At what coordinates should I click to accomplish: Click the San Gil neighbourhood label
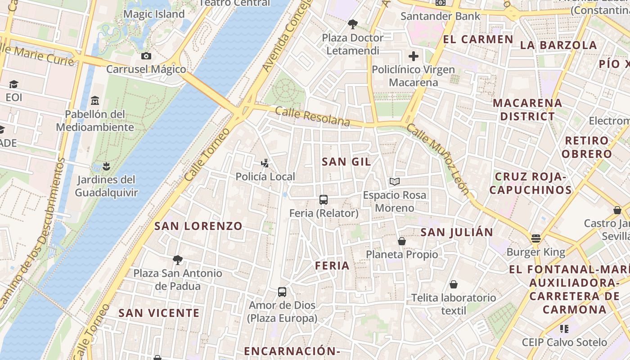point(346,162)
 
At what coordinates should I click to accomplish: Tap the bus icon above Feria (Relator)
point(323,199)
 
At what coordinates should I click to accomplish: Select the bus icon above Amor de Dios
point(282,292)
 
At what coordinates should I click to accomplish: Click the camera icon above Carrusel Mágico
point(146,56)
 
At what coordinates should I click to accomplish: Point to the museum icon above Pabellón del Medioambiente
point(95,100)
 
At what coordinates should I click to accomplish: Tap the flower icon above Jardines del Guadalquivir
point(106,166)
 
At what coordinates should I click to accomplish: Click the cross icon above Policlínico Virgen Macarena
point(413,56)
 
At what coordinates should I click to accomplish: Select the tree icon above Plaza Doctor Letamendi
point(353,24)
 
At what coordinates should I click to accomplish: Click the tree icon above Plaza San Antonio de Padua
point(177,260)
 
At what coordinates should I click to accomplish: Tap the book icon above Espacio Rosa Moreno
point(395,181)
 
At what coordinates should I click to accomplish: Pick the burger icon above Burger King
point(535,238)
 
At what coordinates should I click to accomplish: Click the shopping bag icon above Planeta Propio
point(402,241)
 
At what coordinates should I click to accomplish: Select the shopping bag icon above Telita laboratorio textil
point(454,284)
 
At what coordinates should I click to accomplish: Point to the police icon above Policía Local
point(265,163)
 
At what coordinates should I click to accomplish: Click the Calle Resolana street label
point(312,116)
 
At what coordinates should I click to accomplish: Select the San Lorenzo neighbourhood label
point(198,226)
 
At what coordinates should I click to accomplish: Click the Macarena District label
point(527,110)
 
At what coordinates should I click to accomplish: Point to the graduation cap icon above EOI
point(13,84)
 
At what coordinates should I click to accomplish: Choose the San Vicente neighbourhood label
point(159,313)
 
